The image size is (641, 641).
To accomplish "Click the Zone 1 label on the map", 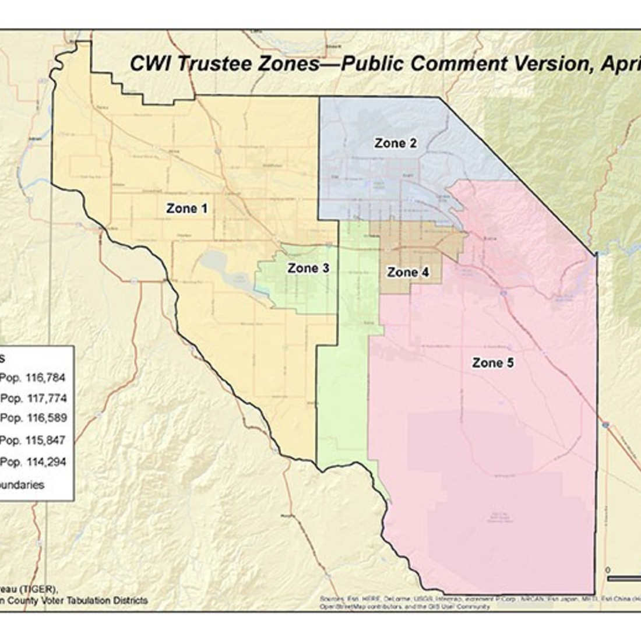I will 186,208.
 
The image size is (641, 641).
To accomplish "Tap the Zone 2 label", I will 396,143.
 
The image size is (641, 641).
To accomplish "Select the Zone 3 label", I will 308,268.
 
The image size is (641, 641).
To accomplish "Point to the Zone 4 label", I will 408,272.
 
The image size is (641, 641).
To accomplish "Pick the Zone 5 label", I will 493,363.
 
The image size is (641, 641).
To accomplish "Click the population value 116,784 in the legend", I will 46,378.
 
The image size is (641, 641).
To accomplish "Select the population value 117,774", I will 46,399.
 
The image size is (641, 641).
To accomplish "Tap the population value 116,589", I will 46,418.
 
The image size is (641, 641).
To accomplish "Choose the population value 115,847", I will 46,441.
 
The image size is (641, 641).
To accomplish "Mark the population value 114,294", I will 46,462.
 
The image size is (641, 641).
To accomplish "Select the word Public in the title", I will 372,64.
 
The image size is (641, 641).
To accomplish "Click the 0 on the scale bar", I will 608,569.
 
